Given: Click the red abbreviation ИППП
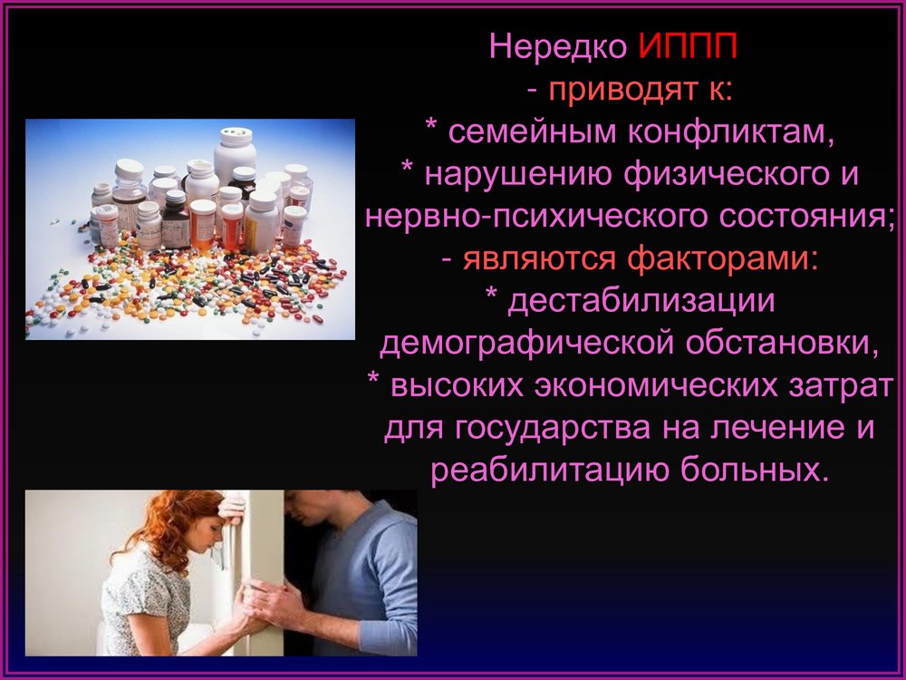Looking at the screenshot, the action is tap(689, 45).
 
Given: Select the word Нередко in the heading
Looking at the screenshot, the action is tap(558, 47).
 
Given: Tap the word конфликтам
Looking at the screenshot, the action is tap(731, 131).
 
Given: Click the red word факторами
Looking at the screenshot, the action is tap(722, 259).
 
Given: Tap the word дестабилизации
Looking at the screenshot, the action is tap(641, 302).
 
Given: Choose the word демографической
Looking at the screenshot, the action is tap(526, 344).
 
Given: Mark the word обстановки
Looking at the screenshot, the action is tap(782, 344).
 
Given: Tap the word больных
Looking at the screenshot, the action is tap(750, 470).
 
